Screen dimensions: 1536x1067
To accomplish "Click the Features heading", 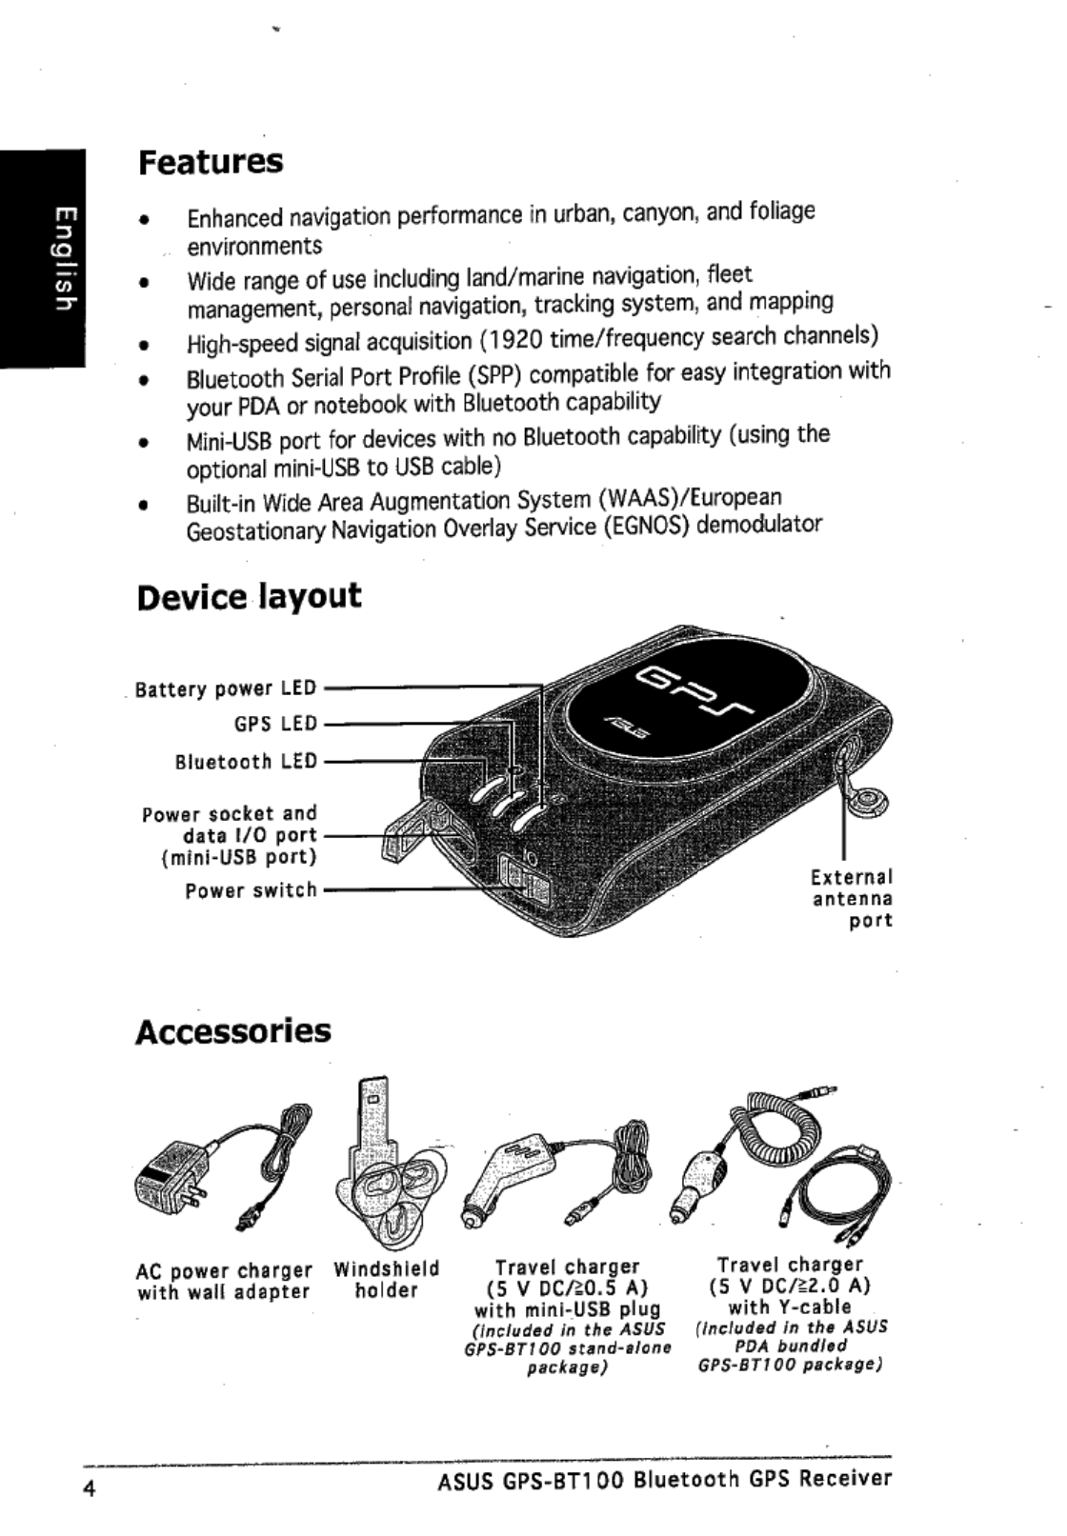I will tap(211, 162).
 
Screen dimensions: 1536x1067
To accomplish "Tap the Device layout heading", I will tap(249, 597).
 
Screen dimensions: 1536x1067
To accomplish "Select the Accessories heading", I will tap(233, 1030).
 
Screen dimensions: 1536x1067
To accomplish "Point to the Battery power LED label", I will tap(226, 688).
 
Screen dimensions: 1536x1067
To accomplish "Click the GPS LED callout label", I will tap(275, 724).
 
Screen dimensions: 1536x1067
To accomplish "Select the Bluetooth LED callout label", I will tap(246, 762).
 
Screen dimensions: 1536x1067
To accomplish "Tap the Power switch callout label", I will tap(251, 890).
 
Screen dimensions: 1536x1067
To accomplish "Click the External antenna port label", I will tap(852, 898).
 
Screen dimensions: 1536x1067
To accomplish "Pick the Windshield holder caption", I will tap(386, 1280).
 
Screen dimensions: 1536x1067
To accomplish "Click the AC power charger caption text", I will tap(224, 1282).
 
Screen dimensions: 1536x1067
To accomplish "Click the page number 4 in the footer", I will tap(89, 1491).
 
